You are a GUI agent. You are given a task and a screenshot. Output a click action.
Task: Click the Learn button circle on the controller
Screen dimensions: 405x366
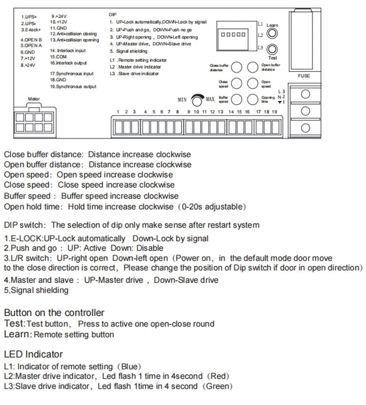pyautogui.click(x=272, y=34)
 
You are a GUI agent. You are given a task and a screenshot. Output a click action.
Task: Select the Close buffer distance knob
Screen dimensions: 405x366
pyautogui.click(x=237, y=67)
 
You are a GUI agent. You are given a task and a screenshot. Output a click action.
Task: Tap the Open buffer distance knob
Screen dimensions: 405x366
pyautogui.click(x=252, y=67)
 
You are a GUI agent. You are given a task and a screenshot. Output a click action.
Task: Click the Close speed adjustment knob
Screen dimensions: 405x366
pyautogui.click(x=237, y=83)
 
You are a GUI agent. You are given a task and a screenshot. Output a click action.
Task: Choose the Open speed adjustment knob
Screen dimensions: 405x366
pyautogui.click(x=252, y=83)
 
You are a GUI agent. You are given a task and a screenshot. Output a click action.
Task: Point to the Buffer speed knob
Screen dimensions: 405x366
pyautogui.click(x=237, y=99)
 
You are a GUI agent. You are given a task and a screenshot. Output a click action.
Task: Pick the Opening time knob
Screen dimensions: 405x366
pyautogui.click(x=252, y=99)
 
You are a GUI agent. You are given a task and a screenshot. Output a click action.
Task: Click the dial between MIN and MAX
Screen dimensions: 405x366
pyautogui.click(x=197, y=100)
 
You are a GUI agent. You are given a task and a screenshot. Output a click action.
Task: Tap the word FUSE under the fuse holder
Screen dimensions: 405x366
pyautogui.click(x=304, y=76)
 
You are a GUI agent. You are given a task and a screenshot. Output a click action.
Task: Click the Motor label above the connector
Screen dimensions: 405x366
pyautogui.click(x=34, y=99)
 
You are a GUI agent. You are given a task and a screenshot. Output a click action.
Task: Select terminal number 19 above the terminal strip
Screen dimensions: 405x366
pyautogui.click(x=275, y=112)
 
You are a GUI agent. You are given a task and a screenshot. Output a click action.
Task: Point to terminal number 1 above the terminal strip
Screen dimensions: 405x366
pyautogui.click(x=118, y=112)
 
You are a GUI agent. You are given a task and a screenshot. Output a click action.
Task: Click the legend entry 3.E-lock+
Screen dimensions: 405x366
pyautogui.click(x=30, y=30)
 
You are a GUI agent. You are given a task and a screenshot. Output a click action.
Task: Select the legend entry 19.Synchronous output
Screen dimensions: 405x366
pyautogui.click(x=73, y=86)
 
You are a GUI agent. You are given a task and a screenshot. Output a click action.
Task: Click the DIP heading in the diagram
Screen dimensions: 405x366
pyautogui.click(x=112, y=15)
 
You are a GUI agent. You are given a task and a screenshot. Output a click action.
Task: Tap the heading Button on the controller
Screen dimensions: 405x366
pyautogui.click(x=54, y=313)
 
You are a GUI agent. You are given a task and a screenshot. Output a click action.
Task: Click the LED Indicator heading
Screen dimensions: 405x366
pyautogui.click(x=33, y=354)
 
